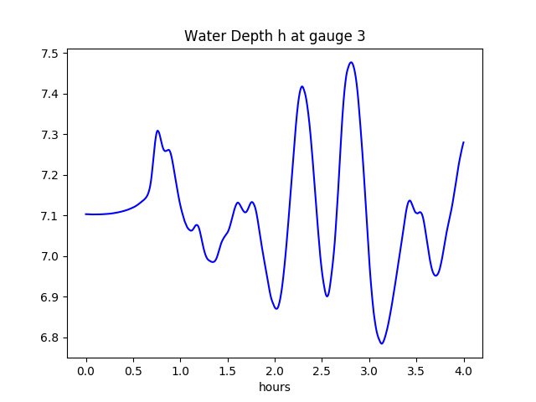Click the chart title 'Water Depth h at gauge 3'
[x=275, y=36]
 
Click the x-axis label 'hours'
[x=275, y=387]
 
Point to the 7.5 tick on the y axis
[x=49, y=54]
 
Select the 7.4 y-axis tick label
[x=49, y=94]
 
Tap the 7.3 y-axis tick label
[x=49, y=135]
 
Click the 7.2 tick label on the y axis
[x=49, y=175]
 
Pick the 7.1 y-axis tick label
[x=49, y=216]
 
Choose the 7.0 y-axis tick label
[x=49, y=256]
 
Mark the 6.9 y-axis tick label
[x=49, y=297]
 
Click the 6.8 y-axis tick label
[x=49, y=338]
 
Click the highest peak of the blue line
[x=351, y=62]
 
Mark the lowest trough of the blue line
[x=382, y=343]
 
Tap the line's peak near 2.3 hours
[x=302, y=86]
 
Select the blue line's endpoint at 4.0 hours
[x=463, y=142]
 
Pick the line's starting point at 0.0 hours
[x=86, y=214]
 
